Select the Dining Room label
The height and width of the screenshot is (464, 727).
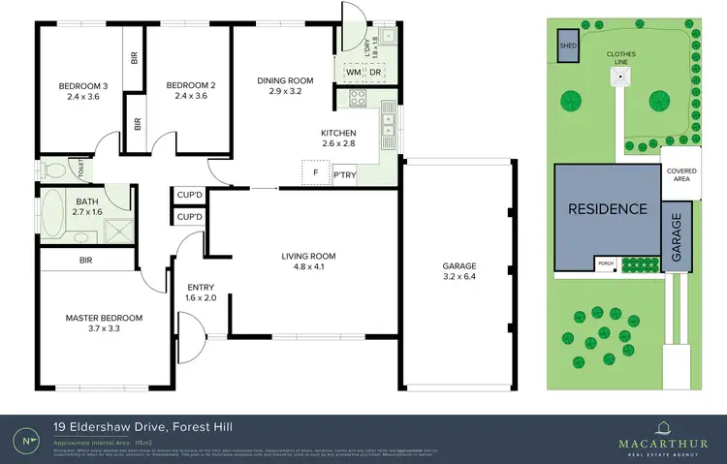pos(285,80)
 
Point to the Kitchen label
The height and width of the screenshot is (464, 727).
pos(339,133)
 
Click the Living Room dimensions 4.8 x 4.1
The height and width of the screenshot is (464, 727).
pos(308,268)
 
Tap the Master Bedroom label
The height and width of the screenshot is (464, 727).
pos(104,318)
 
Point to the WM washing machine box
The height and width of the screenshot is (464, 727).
pos(353,72)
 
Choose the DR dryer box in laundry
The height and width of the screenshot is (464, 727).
pos(374,72)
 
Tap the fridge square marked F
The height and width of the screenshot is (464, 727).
pos(315,173)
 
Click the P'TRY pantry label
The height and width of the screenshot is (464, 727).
pos(345,175)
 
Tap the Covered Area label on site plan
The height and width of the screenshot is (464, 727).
pos(680,175)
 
